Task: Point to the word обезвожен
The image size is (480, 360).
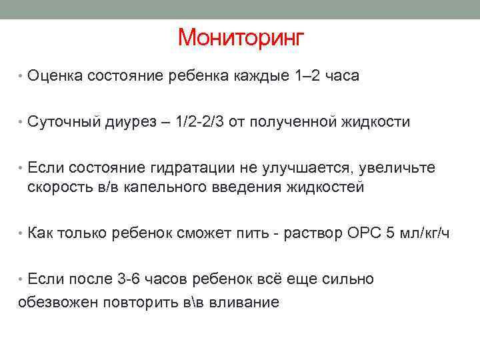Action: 56,302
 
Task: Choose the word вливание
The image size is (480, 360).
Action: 243,302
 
